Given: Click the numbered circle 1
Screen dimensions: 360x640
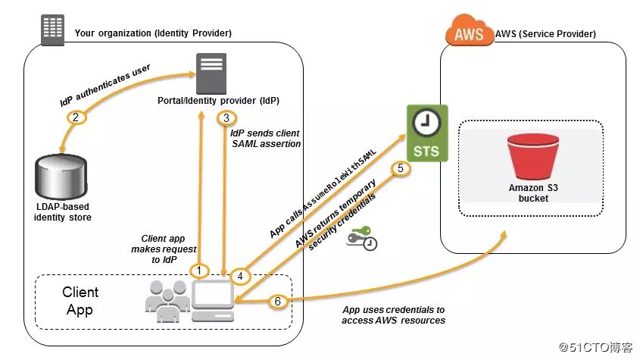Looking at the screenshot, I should point(199,270).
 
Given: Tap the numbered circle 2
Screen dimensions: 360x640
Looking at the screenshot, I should point(75,117).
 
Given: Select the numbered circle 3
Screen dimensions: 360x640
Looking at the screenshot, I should point(226,117).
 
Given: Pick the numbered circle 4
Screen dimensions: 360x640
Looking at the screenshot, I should point(241,277).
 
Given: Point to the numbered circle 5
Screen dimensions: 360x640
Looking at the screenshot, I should point(402,168).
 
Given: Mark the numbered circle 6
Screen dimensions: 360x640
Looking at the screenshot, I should point(278,302).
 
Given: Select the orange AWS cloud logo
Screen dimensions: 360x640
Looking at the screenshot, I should point(467,33).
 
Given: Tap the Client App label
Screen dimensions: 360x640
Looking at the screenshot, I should point(80,299).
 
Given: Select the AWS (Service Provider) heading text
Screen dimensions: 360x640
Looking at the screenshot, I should point(545,34).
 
